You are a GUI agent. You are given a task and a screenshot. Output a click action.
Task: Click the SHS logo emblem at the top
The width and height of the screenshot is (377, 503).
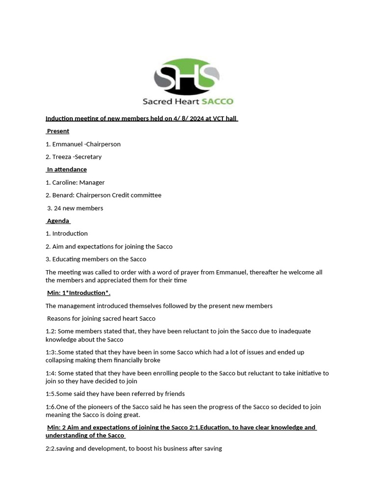click(x=187, y=77)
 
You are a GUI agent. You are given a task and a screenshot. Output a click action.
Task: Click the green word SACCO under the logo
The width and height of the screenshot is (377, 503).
click(x=216, y=102)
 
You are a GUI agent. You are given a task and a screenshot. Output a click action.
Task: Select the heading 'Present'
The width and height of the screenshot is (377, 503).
click(x=58, y=131)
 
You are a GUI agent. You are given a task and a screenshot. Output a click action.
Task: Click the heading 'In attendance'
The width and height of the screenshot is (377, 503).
click(x=67, y=169)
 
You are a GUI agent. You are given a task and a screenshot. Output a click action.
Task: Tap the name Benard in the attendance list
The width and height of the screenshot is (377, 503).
click(x=62, y=195)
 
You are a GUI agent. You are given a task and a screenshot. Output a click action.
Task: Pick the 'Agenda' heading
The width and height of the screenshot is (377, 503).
click(x=58, y=221)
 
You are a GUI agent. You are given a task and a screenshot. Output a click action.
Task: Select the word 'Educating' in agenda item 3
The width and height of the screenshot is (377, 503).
click(x=67, y=259)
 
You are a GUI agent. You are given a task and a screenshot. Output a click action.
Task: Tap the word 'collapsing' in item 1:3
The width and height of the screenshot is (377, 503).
click(x=60, y=360)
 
